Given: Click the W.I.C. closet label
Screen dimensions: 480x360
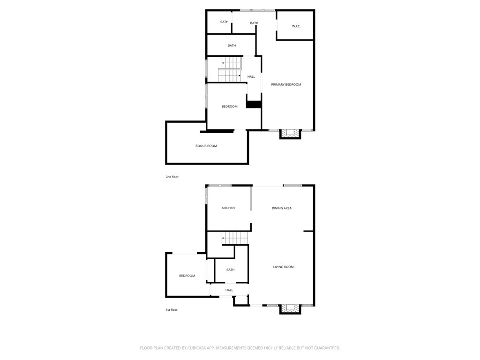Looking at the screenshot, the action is point(296,26).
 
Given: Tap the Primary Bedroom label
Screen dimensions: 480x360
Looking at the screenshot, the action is point(286,84).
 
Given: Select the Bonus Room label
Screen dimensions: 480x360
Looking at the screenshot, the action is point(206,146).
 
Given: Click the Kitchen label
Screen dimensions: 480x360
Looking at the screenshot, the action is point(228,208).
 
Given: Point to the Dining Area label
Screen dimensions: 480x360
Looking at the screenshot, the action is point(281,208).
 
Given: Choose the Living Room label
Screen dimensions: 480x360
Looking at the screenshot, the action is point(283,267).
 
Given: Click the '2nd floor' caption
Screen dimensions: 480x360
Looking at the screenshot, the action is point(172,177).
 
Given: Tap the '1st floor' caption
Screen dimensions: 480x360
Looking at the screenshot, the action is point(172,310).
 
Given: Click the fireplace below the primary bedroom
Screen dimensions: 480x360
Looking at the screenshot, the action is point(290,134).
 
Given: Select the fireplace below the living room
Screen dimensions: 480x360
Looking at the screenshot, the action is point(290,309).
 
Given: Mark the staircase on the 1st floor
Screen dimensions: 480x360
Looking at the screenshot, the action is point(235,238).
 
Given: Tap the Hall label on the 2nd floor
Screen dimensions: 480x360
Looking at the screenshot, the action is point(251,77).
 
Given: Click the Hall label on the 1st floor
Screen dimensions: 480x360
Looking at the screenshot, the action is point(229,290).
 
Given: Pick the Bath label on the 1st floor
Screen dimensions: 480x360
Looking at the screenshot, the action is point(230,270).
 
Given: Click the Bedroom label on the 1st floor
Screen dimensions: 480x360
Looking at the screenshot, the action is point(187,276).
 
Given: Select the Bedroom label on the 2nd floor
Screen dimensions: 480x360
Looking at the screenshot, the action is point(230,106).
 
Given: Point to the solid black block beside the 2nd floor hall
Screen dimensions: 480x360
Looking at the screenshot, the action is point(254,105).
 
